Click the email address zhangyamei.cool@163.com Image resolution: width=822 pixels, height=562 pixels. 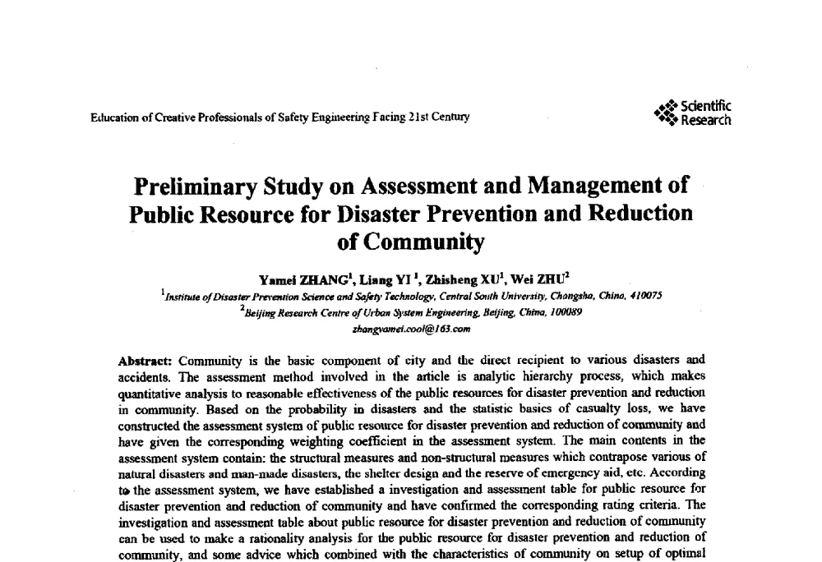(x=410, y=329)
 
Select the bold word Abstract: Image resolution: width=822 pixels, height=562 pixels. (x=144, y=360)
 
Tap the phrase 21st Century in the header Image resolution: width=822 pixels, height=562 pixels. (x=439, y=117)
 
